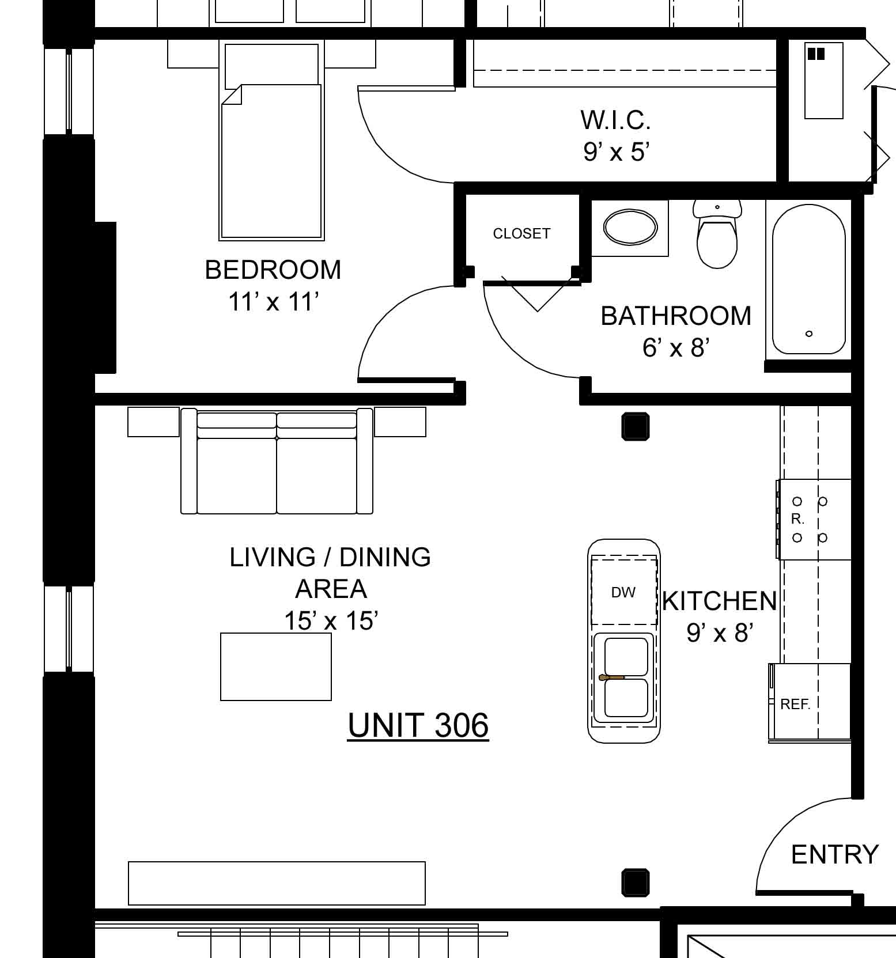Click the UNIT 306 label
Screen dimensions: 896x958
tap(418, 725)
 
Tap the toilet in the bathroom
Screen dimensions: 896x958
tap(717, 233)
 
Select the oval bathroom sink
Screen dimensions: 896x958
tap(630, 227)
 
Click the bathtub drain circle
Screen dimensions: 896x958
tap(809, 334)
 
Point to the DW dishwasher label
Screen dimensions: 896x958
tap(623, 592)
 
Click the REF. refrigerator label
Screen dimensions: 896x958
tap(795, 704)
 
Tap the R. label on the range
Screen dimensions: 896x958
tap(797, 519)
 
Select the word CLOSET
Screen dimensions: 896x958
tap(521, 233)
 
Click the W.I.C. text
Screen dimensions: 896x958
tap(615, 120)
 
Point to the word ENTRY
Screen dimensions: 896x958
tap(835, 854)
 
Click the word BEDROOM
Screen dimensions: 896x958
tap(273, 270)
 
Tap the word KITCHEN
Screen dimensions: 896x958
tap(720, 601)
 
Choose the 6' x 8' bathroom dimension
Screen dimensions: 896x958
tap(675, 347)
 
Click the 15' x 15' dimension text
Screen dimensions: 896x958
tap(331, 620)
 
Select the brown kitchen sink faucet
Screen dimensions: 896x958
tap(611, 677)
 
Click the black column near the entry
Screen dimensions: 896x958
tap(636, 883)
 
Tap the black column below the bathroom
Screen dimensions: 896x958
tap(636, 427)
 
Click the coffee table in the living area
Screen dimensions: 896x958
tap(276, 667)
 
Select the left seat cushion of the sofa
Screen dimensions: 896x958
tap(237, 476)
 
